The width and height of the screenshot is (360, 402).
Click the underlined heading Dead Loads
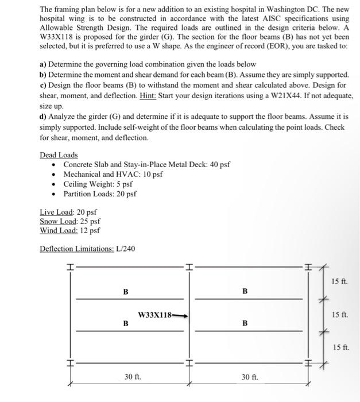click(x=59, y=155)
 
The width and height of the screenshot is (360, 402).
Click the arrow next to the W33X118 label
click(x=180, y=315)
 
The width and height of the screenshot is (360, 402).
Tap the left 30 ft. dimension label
click(x=133, y=377)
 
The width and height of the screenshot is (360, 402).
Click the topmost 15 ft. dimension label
click(x=339, y=280)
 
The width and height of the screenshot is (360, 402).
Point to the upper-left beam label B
click(x=125, y=292)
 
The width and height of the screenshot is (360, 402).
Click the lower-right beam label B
click(x=245, y=323)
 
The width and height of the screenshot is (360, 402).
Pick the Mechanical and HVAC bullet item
click(x=113, y=174)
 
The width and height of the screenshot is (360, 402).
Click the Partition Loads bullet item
click(x=100, y=194)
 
